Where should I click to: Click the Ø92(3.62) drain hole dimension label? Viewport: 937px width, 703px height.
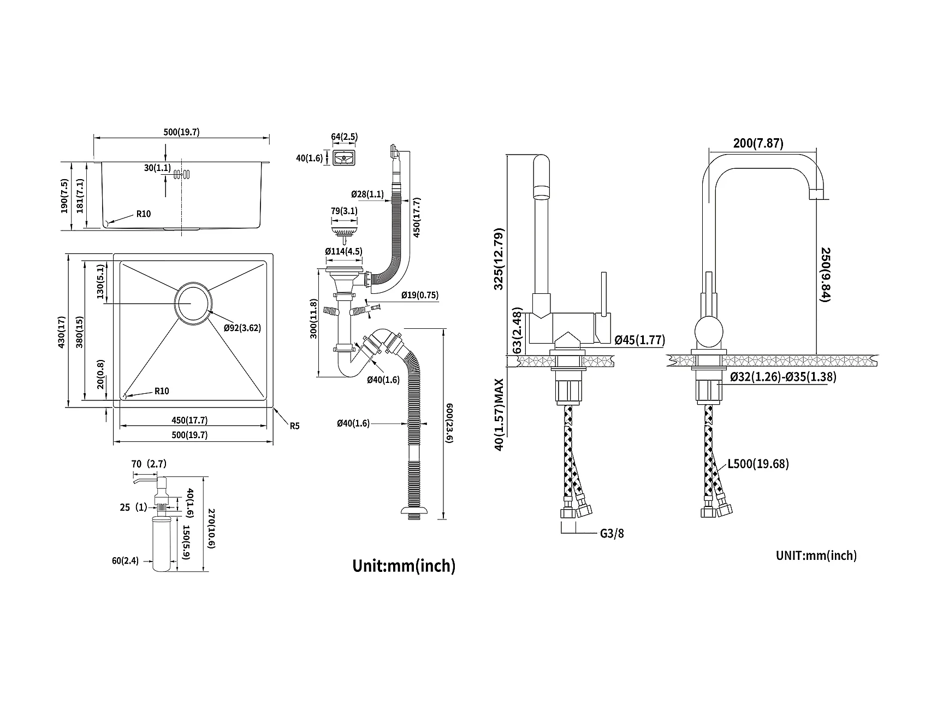[x=242, y=328]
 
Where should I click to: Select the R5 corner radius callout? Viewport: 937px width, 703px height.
[x=294, y=426]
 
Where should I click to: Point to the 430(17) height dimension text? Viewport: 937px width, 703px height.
[x=63, y=332]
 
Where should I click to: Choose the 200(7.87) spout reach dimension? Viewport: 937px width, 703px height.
[x=758, y=143]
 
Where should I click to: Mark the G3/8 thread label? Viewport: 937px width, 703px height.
[x=612, y=533]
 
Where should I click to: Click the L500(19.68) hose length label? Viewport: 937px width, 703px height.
[x=758, y=464]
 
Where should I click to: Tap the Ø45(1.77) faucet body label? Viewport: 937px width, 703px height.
[x=639, y=340]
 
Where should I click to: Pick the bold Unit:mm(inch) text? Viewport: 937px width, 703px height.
[x=404, y=565]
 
